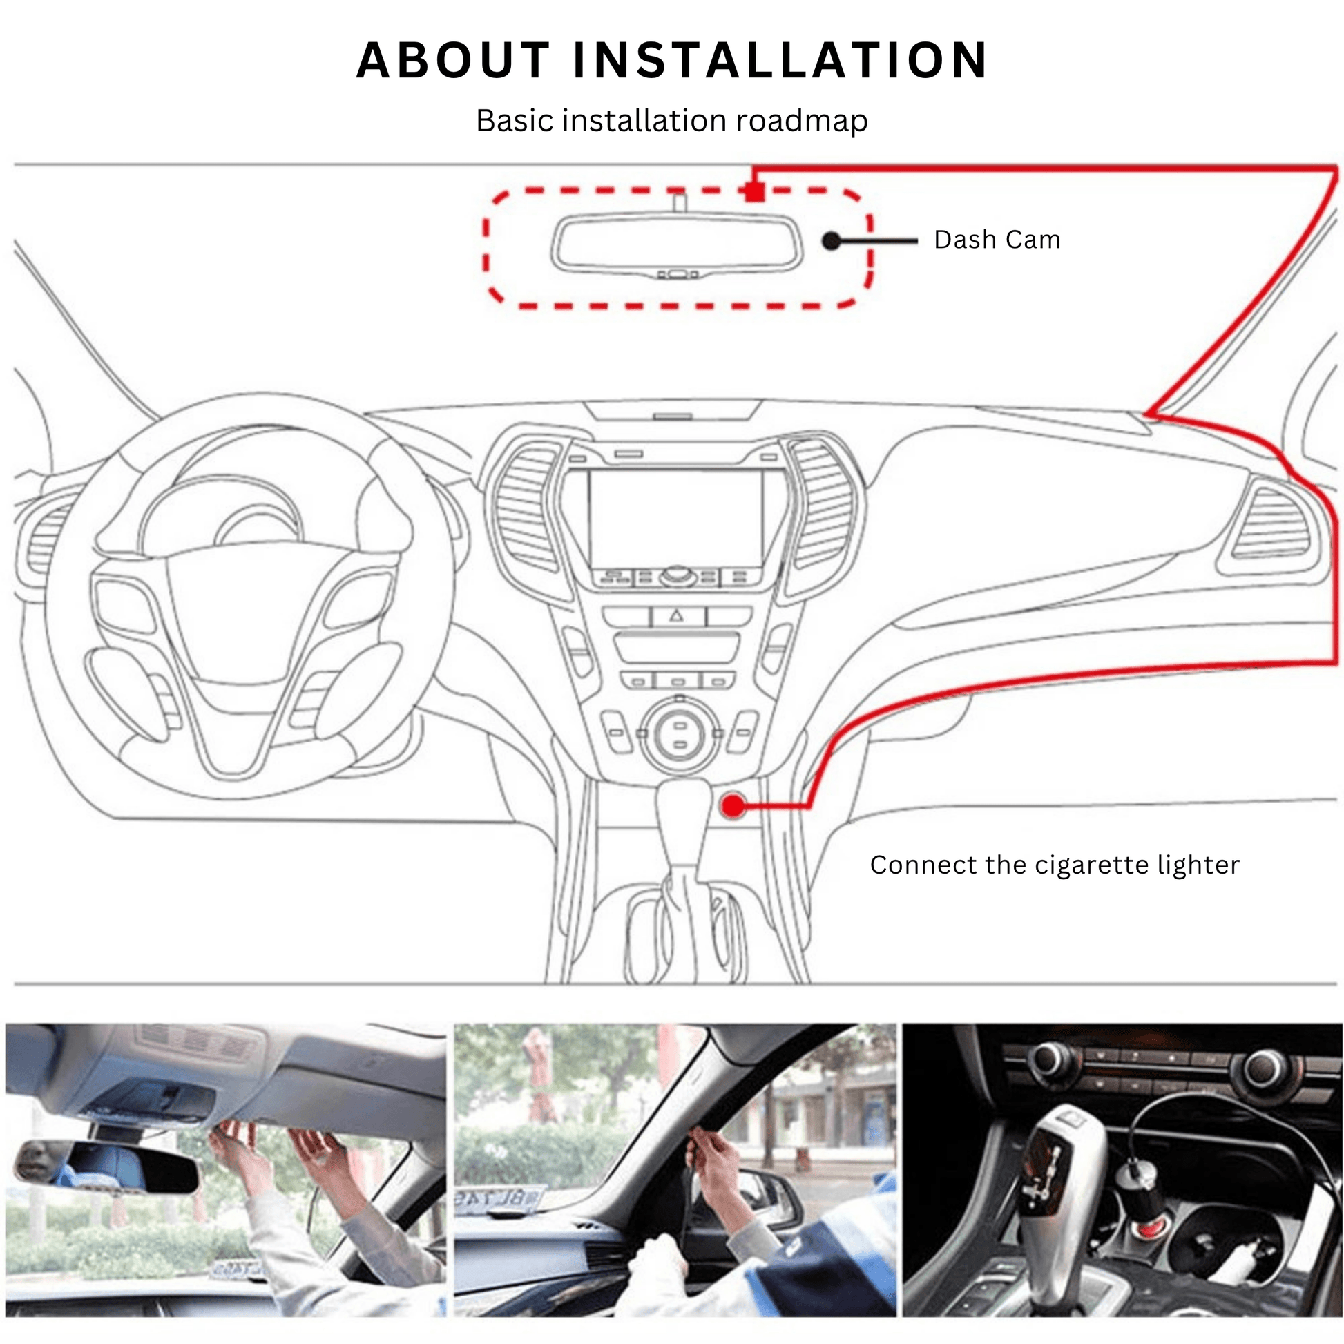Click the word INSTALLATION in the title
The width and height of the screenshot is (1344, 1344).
pos(780,61)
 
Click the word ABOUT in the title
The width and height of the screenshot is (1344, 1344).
pos(454,61)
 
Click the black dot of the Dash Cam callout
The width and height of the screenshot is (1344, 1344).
pos(832,241)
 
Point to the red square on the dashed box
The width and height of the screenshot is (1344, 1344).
pos(754,191)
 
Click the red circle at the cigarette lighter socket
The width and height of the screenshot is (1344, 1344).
pos(733,806)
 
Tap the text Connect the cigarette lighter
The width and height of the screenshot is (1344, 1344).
pos(1055,865)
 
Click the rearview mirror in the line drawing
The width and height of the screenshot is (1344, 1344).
pos(677,244)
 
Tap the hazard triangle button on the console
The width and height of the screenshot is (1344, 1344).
pos(678,616)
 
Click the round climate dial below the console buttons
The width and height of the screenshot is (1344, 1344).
pos(680,736)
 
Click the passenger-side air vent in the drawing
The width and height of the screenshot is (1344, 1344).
pos(1270,523)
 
